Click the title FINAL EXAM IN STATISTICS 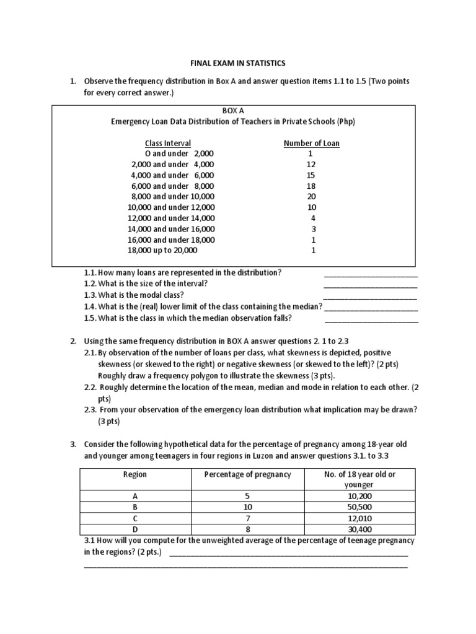237,63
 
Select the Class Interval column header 168,143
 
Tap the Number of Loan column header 312,143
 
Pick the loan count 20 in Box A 312,196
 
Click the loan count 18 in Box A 312,186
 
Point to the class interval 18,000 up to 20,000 162,250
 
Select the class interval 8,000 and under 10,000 172,196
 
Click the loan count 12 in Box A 312,164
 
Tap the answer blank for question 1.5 371,319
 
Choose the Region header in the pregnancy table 135,474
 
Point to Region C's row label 135,518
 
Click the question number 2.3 90,410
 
